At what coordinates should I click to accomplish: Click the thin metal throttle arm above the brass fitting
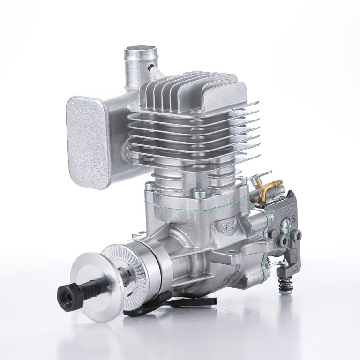pos(261,181)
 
